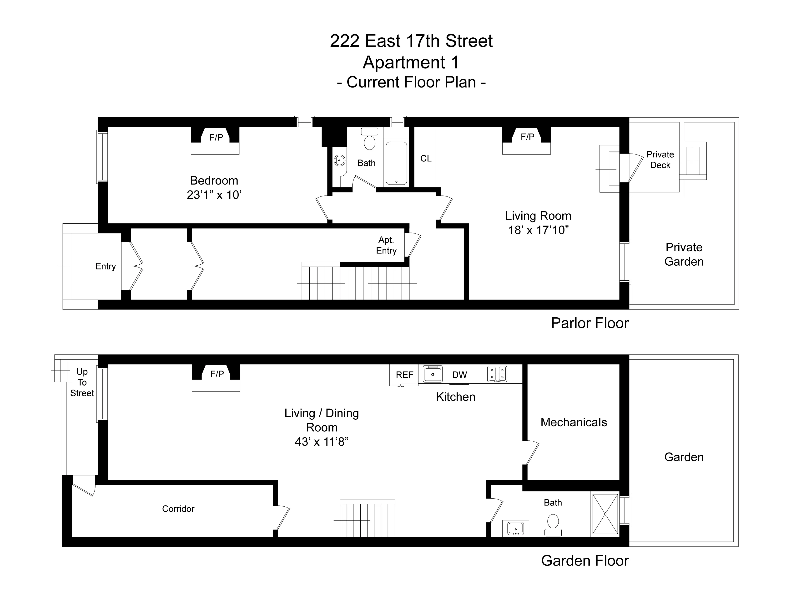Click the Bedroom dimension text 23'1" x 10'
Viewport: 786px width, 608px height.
click(x=214, y=195)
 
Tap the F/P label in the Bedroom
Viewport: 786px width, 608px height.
click(x=216, y=137)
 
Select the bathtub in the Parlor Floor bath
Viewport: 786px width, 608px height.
click(x=396, y=163)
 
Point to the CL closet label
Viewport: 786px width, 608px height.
click(x=426, y=159)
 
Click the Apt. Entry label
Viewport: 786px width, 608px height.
click(x=386, y=245)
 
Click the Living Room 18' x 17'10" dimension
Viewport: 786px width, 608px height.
click(x=538, y=230)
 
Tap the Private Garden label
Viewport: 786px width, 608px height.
click(x=684, y=254)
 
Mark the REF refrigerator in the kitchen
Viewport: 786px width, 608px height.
click(x=404, y=375)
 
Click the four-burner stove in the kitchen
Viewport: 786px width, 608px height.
click(x=497, y=374)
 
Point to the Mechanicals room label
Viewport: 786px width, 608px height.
click(x=574, y=422)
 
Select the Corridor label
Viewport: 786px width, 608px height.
click(x=178, y=509)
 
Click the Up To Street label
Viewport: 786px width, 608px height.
click(x=82, y=382)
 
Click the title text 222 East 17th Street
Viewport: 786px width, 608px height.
click(x=411, y=41)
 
